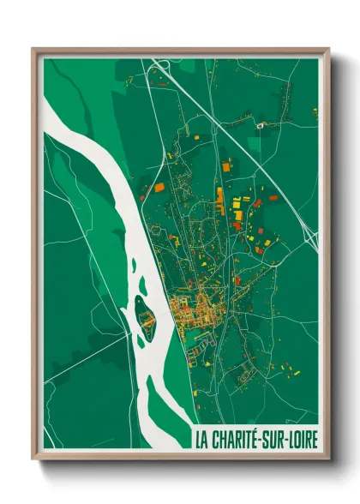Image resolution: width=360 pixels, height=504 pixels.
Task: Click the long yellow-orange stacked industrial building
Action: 219,201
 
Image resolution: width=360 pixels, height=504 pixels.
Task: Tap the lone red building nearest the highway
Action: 273,198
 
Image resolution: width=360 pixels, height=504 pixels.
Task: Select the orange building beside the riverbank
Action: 158,187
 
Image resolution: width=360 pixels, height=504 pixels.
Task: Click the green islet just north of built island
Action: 141,301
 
